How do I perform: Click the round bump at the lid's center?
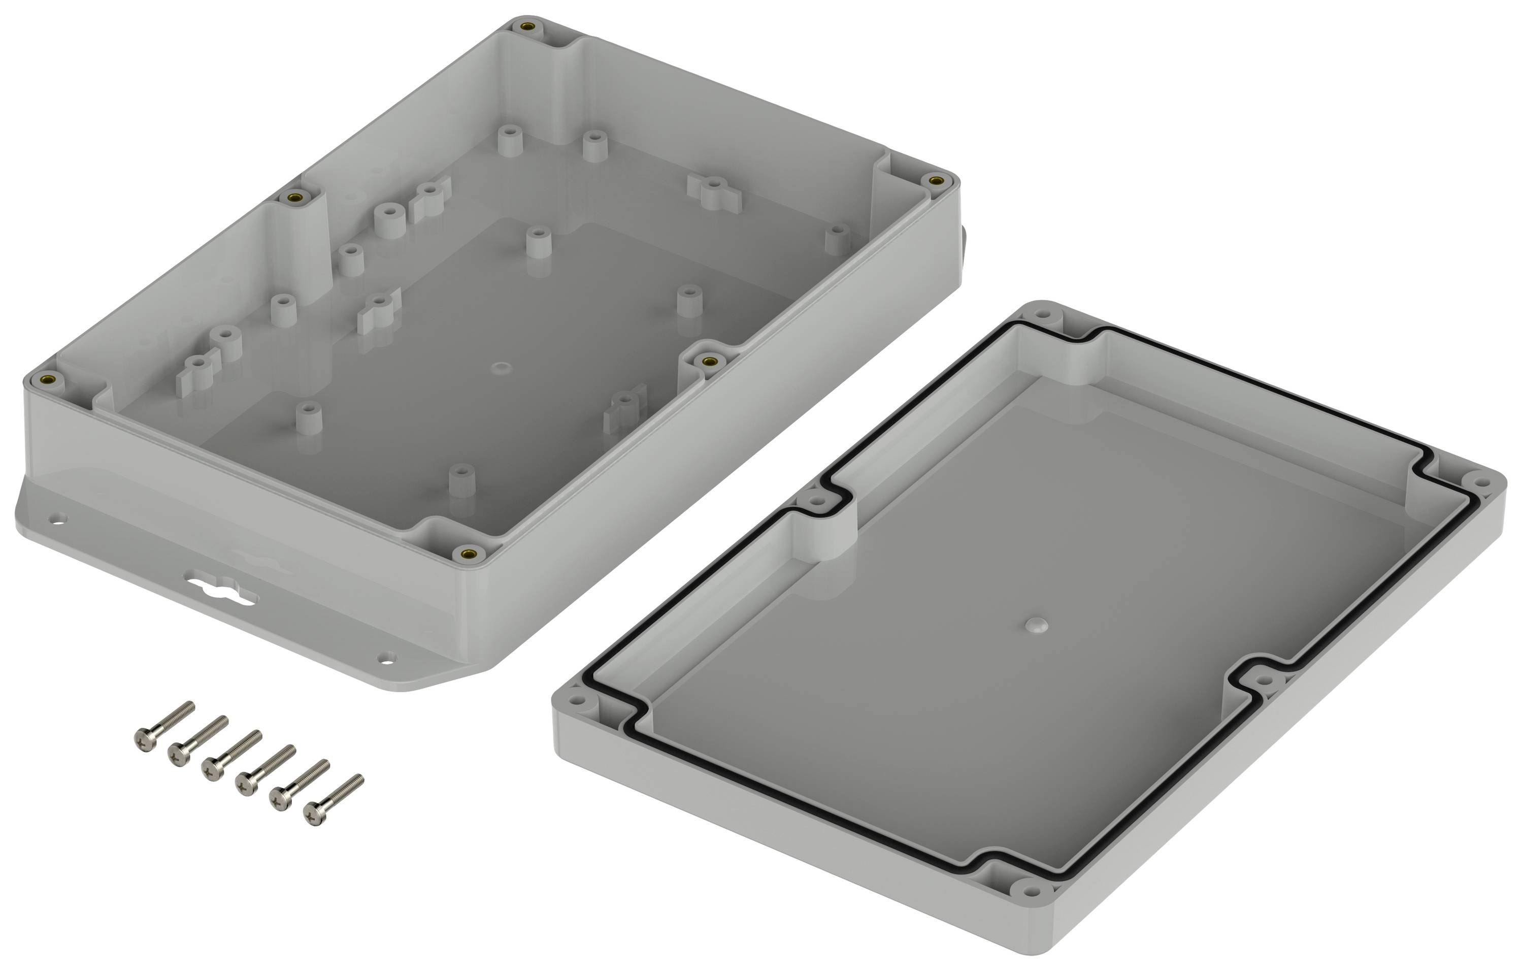click(1035, 626)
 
